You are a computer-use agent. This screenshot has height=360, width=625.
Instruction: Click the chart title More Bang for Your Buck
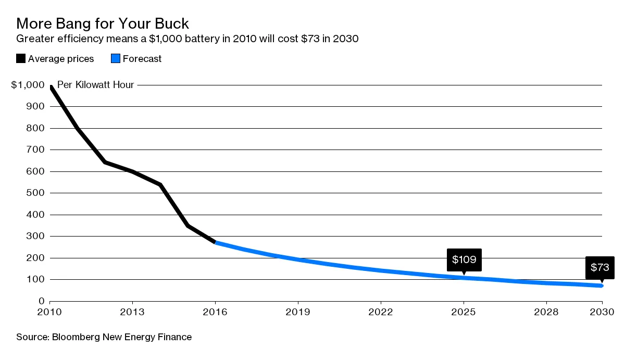103,23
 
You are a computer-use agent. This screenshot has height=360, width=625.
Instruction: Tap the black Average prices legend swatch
21,58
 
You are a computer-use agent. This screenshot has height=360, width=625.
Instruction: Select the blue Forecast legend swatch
116,58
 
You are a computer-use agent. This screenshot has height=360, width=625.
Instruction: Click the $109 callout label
464,259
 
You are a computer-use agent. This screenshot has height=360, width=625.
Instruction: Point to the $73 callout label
599,268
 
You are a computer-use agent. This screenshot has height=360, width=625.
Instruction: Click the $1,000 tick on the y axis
28,85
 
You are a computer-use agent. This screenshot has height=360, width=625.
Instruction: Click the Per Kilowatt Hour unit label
95,85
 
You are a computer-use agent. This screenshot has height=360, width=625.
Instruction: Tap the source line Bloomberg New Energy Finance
104,337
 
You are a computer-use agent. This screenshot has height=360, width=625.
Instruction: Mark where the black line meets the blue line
216,242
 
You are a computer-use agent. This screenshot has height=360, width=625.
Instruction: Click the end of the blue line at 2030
602,285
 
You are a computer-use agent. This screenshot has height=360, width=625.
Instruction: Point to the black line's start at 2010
51,87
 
